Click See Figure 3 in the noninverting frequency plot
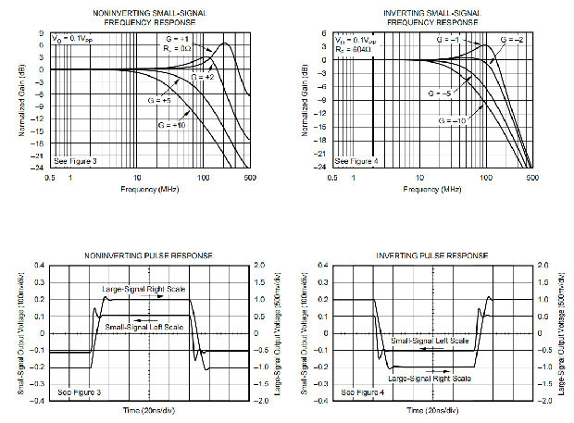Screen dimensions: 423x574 pyautogui.click(x=76, y=161)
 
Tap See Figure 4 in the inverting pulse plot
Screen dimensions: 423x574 pyautogui.click(x=362, y=392)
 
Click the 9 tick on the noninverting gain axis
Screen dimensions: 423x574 pyautogui.click(x=42, y=32)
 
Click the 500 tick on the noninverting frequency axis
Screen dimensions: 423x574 pyautogui.click(x=250, y=177)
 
